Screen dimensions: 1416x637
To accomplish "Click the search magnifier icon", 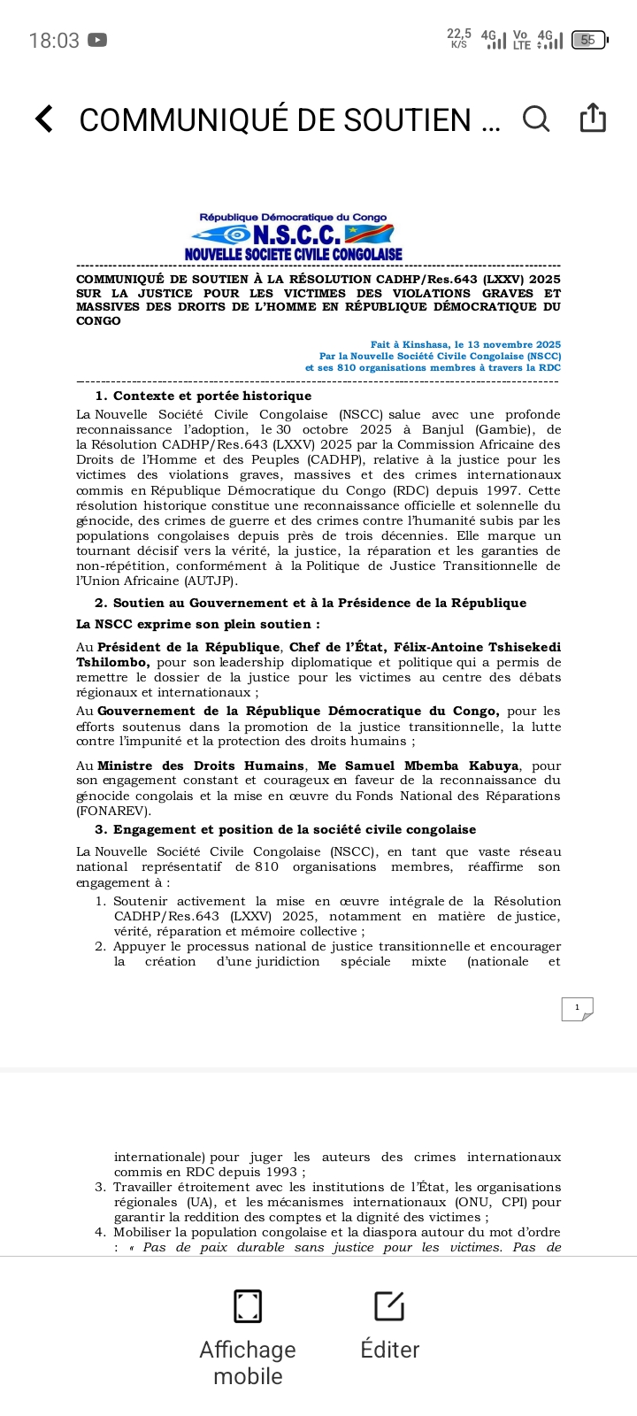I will [536, 119].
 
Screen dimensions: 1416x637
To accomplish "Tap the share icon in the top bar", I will [593, 118].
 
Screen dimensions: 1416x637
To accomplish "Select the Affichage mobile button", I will [248, 1336].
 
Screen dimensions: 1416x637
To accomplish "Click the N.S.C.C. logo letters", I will [296, 235].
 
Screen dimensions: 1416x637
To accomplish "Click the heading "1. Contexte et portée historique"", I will [203, 396].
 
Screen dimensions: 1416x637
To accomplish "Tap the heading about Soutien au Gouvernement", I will [311, 603].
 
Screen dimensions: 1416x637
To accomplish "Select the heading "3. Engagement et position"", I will [286, 829].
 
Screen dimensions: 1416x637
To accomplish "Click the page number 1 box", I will [577, 1008].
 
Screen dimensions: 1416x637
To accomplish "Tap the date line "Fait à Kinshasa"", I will [465, 344].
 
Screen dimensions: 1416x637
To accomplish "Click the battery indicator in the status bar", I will [589, 40].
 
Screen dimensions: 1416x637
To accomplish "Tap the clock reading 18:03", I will [54, 41].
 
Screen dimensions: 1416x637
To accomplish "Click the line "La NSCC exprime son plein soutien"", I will [198, 624].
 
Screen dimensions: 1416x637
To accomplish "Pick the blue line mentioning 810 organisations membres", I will [433, 367].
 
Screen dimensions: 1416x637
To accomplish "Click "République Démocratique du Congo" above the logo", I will [293, 217].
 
